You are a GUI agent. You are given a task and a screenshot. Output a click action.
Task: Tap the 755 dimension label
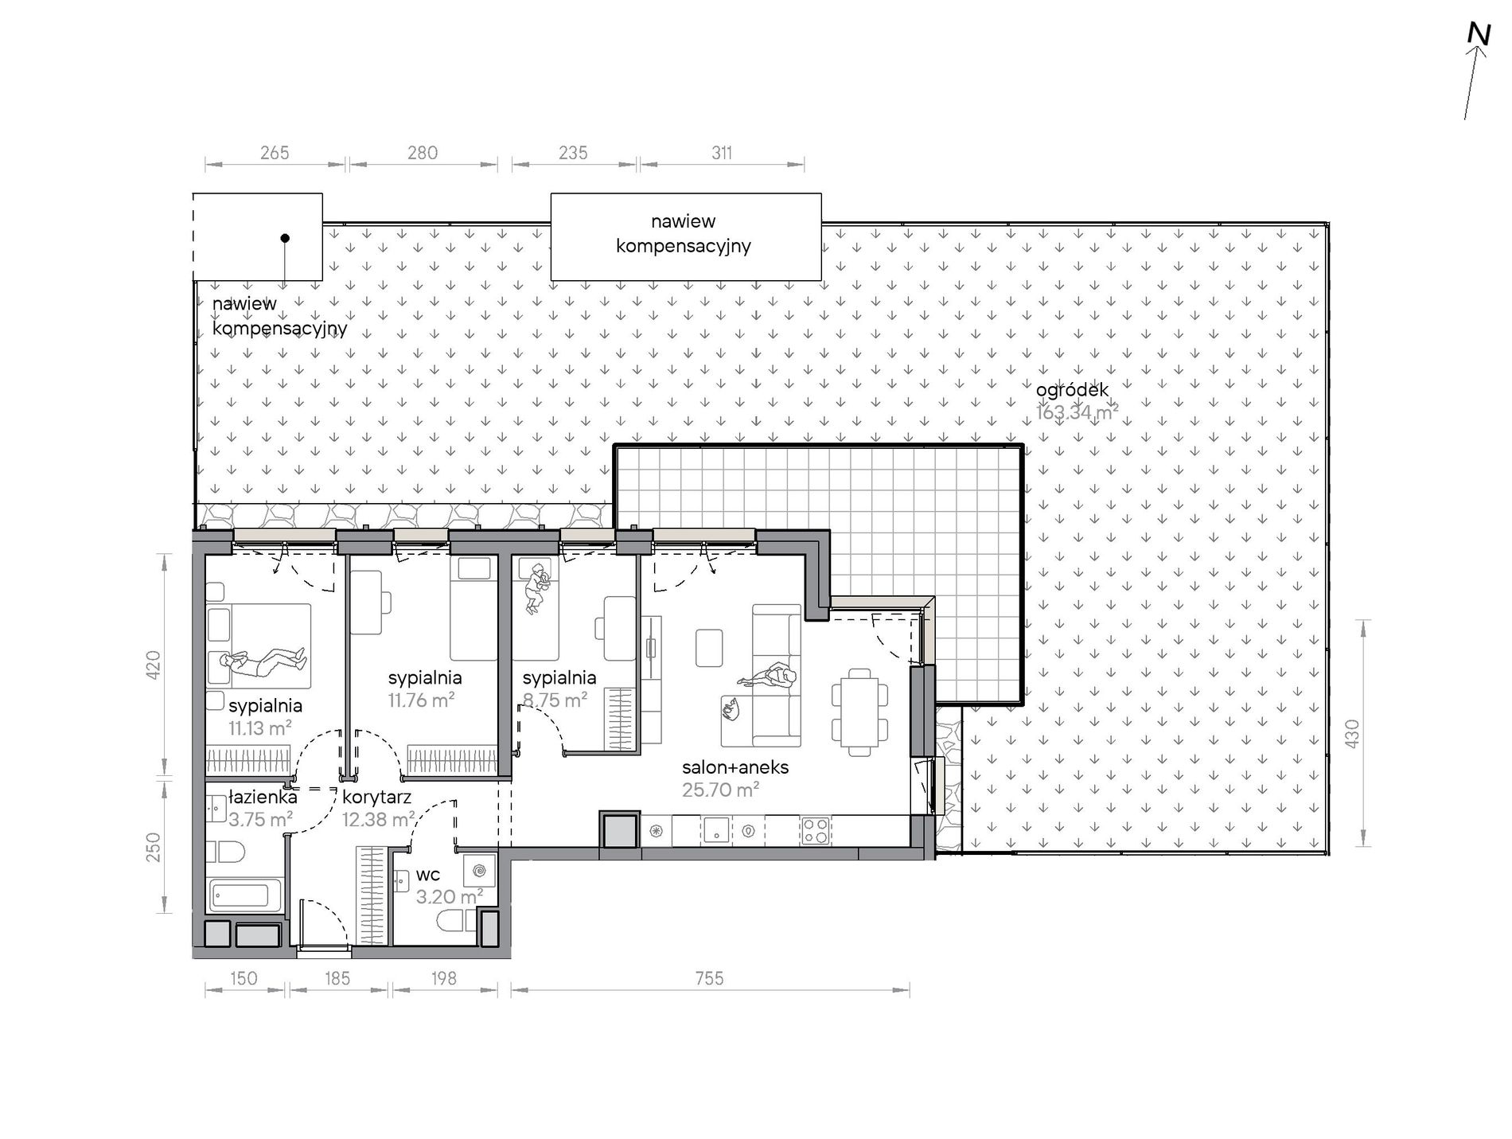click(709, 977)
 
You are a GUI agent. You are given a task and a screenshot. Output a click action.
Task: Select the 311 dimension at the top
click(722, 153)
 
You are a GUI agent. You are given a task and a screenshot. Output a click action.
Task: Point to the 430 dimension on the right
click(1351, 733)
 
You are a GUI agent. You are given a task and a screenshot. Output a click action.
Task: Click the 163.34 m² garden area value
click(1077, 412)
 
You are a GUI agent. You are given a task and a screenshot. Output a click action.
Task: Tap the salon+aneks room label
click(735, 767)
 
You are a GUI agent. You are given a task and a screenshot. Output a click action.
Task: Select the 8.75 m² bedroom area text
click(555, 700)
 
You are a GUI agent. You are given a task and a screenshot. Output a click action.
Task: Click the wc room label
click(427, 876)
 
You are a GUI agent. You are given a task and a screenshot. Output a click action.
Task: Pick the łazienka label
click(263, 797)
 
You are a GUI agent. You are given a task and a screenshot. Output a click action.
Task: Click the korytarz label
click(376, 798)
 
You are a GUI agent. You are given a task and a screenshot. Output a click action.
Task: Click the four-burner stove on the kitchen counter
click(815, 831)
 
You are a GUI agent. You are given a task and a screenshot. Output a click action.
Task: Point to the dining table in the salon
click(859, 712)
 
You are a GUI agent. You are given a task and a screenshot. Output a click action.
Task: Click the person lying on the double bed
click(263, 662)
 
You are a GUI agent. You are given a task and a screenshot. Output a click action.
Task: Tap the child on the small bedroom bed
click(538, 588)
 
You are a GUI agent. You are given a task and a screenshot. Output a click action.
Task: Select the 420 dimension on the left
click(154, 665)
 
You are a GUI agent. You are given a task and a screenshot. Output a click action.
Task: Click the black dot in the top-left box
click(285, 238)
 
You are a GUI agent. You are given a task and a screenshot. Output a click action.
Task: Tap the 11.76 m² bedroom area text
click(421, 700)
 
